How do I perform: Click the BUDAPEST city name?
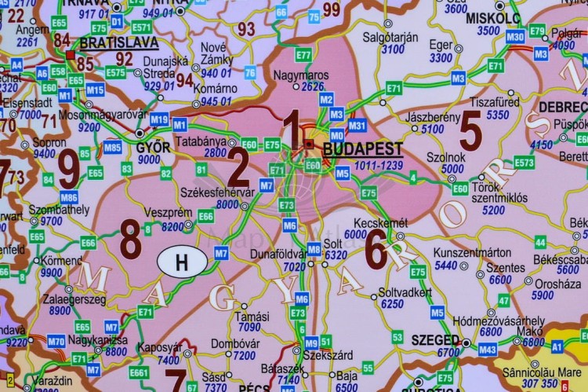[362, 149]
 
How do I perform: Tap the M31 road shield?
[357, 126]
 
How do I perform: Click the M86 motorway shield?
[68, 197]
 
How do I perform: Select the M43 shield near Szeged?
[488, 350]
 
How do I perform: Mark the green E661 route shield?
[139, 372]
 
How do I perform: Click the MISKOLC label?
[492, 16]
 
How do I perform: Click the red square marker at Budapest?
[308, 144]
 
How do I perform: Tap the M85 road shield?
[113, 147]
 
